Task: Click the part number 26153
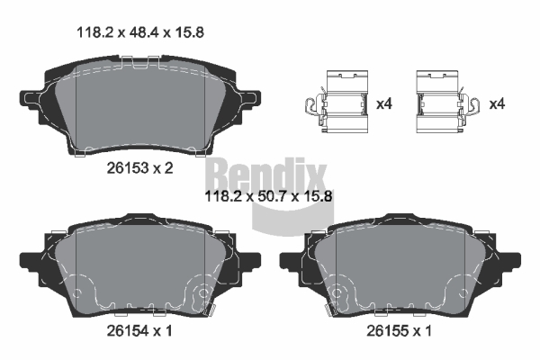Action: tap(128, 168)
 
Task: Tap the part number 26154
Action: tap(128, 330)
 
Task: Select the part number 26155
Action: tap(387, 330)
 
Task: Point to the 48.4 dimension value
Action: tap(144, 32)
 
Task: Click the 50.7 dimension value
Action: tap(272, 197)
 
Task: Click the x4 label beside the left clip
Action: tap(384, 103)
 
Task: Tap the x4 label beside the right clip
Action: tap(497, 103)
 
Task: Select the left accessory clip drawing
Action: tap(337, 102)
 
